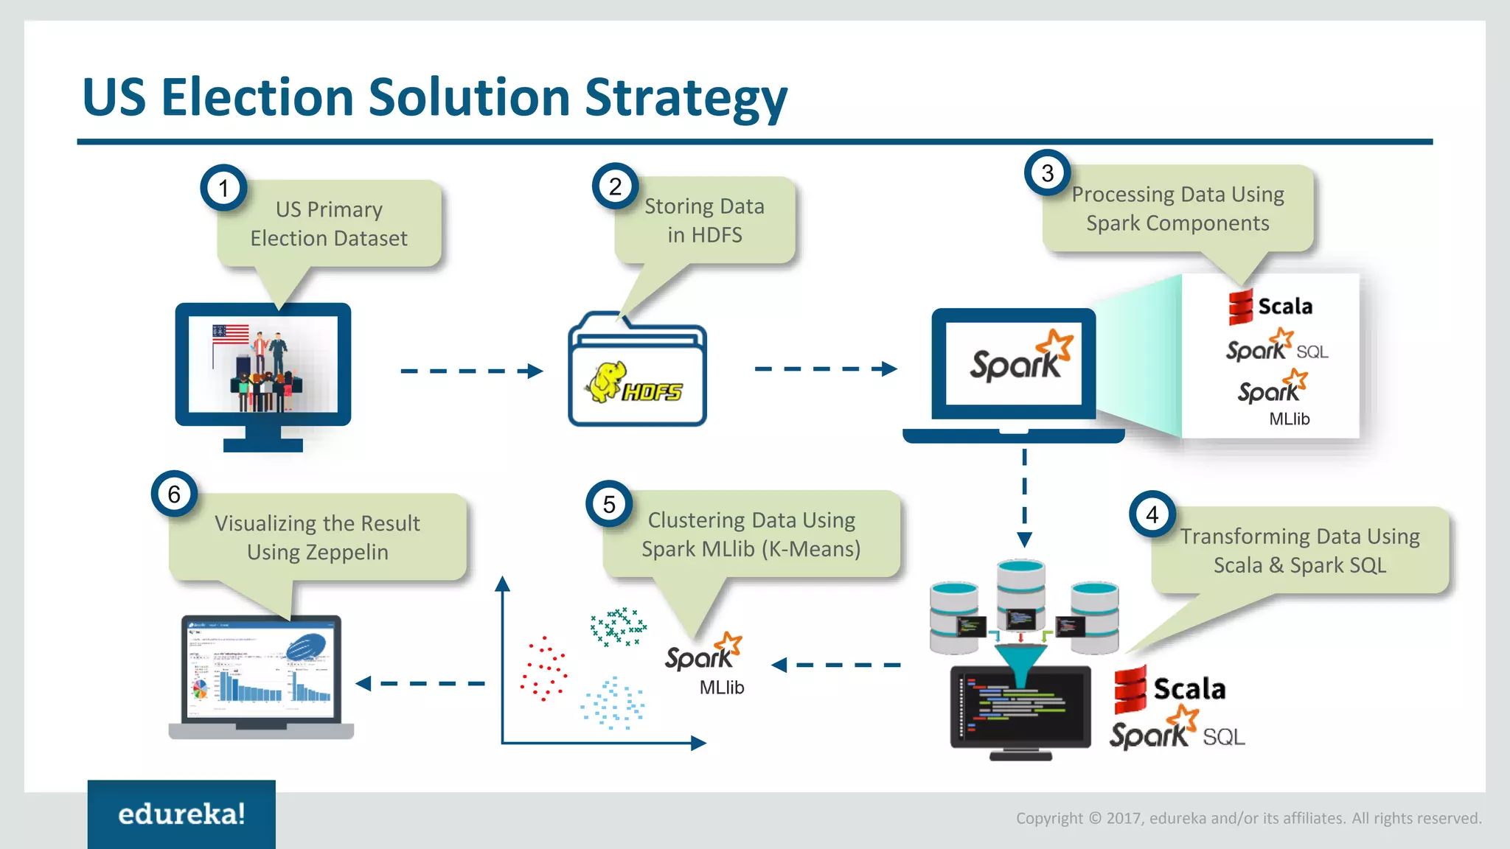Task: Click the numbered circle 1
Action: coord(223,188)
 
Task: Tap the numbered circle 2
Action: coord(615,186)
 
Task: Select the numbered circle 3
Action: coord(1047,173)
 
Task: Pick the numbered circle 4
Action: coord(1152,514)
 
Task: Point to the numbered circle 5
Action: coord(609,504)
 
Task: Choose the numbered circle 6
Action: coord(174,494)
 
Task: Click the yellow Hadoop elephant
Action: coord(606,380)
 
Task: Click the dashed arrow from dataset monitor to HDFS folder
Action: coord(471,371)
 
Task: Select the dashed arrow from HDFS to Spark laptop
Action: coord(826,368)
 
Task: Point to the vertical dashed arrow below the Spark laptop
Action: coord(1024,497)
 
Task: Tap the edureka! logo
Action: coord(181,814)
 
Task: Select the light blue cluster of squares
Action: coord(612,703)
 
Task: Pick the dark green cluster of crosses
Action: coord(618,626)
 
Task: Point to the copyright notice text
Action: coord(1248,818)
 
